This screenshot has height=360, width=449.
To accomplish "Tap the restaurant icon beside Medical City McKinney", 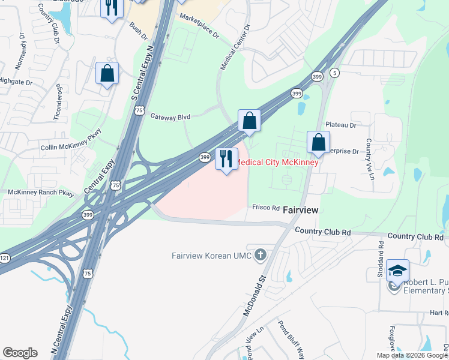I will [226, 159].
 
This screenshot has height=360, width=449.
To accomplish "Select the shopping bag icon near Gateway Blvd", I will [249, 121].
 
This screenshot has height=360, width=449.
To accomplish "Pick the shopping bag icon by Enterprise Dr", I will [318, 142].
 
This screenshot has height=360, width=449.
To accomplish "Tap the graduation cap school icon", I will [397, 271].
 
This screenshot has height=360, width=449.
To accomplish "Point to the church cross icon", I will [260, 256].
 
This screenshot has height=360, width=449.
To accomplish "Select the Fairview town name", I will [300, 211].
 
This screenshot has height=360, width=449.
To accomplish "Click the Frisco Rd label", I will [266, 208].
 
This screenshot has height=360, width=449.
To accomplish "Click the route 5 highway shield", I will [335, 73].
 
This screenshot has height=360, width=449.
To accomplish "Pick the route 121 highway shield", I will [4, 257].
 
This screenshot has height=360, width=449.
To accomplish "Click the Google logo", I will [20, 352].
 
